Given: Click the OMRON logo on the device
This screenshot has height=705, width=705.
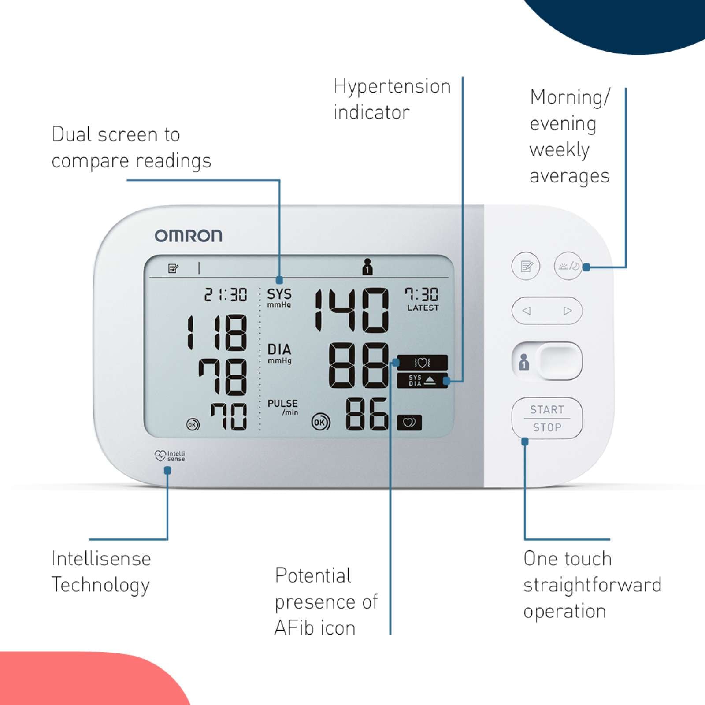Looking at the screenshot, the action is pos(188,236).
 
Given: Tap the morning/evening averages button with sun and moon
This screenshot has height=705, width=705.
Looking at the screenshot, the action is pos(568,266).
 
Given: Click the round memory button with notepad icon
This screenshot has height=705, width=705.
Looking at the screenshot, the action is pos(526,266).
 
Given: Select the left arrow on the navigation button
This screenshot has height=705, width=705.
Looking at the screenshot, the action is pos(527,311).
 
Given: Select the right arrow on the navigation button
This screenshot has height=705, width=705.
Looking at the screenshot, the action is pos(568,311).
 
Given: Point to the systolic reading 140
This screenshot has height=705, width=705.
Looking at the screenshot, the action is pos(352,310).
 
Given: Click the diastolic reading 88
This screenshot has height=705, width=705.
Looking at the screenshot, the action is pos(359,365).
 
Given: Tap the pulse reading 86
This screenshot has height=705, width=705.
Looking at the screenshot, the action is pos(367,414).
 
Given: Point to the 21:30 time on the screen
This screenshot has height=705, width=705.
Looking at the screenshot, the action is pos(226,294).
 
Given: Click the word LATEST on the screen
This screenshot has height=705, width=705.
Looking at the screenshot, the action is pos(423,308).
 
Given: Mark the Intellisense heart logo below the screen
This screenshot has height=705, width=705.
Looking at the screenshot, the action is pos(170,456).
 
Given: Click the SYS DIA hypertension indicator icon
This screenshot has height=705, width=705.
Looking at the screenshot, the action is pos(422,381).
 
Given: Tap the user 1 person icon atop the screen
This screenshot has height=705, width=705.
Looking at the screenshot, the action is pos(367,267).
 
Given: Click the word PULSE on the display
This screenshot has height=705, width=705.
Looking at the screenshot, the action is pos(282,403).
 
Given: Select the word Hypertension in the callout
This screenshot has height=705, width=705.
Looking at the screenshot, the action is pos(392,87).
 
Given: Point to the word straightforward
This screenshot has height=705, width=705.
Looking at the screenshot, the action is pos(593,585).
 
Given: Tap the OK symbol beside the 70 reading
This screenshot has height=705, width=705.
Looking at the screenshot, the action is pos(193,425).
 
